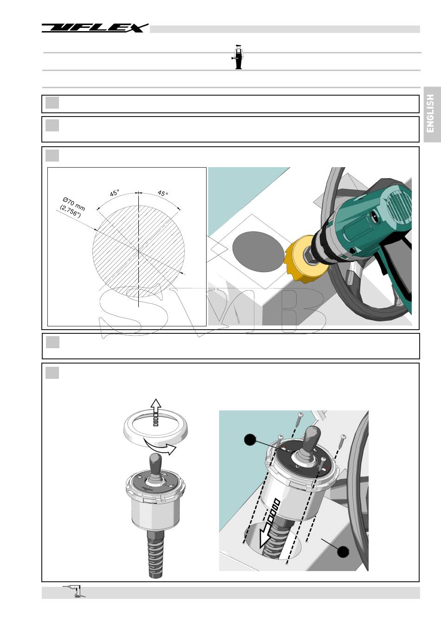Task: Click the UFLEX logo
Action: [x=95, y=28]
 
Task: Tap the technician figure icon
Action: [x=238, y=57]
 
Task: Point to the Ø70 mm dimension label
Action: [x=74, y=204]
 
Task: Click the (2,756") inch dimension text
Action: [x=71, y=211]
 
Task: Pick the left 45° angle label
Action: [x=115, y=193]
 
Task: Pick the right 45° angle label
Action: [x=162, y=193]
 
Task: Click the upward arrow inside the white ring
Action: [x=156, y=412]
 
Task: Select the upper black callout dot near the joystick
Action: [x=250, y=439]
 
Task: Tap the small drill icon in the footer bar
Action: [x=75, y=591]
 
